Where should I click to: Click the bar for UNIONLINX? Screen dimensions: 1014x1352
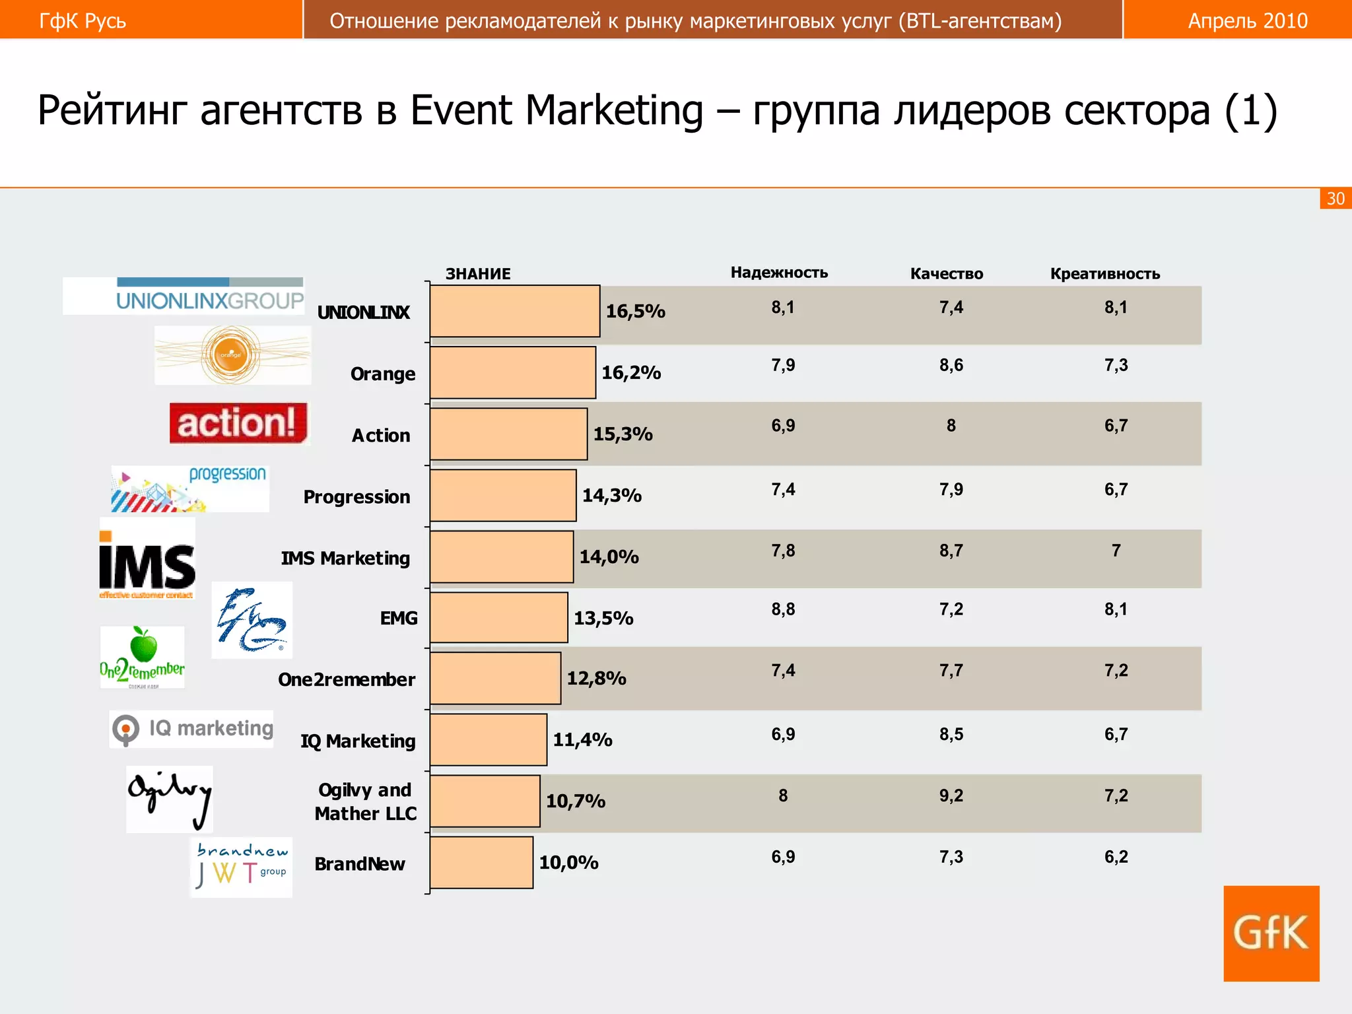pos(515,311)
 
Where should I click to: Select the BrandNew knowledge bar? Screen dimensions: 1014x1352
pos(481,862)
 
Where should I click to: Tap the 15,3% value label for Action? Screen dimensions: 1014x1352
pos(623,434)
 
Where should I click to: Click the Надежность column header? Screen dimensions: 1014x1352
pos(779,273)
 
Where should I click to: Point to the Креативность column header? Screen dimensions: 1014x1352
pos(1105,274)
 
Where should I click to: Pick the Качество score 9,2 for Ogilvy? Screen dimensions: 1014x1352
pos(951,796)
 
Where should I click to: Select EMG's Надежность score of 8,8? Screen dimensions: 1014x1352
pos(783,609)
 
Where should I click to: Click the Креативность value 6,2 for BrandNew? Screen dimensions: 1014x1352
pos(1116,858)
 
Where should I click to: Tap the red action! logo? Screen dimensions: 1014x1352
pos(238,422)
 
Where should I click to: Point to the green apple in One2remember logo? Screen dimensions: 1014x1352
pos(143,645)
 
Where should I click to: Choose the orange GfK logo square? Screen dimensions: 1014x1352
pos(1271,933)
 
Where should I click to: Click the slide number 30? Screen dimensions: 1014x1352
pos(1335,199)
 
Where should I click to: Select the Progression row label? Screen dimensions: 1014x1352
pos(356,497)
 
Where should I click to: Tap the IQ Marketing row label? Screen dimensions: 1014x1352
pos(358,741)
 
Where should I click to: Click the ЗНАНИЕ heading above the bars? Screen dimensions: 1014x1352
pos(478,274)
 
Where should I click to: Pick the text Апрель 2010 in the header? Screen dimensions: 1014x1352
pos(1248,21)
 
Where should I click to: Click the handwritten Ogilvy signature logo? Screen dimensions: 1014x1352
pos(170,797)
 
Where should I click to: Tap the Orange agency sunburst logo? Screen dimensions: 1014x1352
pos(232,355)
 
